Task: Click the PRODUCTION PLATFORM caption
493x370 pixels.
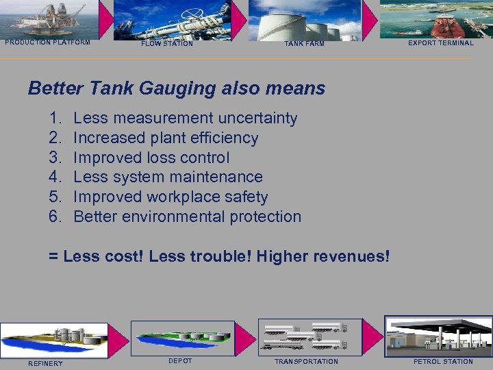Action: [x=48, y=42]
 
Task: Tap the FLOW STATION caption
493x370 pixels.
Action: [x=167, y=44]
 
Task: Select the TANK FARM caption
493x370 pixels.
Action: [x=305, y=44]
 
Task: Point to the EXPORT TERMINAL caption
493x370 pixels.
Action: [x=441, y=42]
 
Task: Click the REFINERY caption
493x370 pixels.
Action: [x=45, y=363]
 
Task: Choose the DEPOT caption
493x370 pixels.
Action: [x=180, y=360]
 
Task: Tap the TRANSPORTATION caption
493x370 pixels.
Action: [x=306, y=361]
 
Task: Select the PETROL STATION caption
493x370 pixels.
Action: [x=443, y=361]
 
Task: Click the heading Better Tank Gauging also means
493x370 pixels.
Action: [x=177, y=88]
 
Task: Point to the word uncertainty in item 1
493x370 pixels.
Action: [x=255, y=119]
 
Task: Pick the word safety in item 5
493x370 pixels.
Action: [x=245, y=197]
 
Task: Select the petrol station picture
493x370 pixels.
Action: [x=438, y=336]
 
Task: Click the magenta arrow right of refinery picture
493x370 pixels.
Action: [x=119, y=338]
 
